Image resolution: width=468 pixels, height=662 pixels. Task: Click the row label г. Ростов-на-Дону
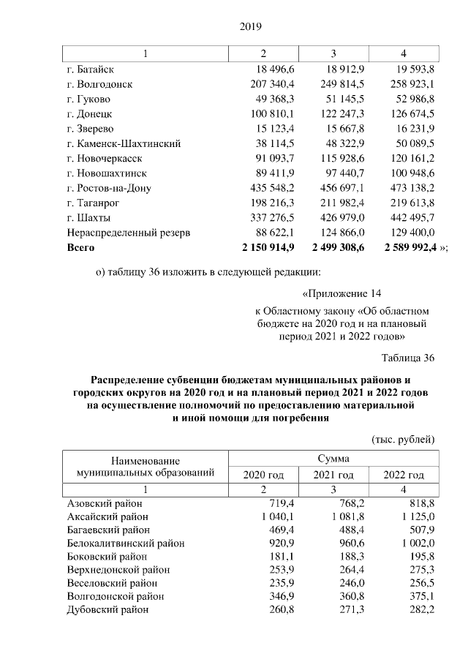tap(108, 189)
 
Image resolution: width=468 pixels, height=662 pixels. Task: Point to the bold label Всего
tap(80, 249)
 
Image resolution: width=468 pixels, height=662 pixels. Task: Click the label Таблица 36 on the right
tap(408, 358)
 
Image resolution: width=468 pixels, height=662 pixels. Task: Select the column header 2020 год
tap(263, 475)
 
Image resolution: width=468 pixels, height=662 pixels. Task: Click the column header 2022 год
tap(404, 475)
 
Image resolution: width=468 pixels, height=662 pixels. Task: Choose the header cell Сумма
tap(333, 458)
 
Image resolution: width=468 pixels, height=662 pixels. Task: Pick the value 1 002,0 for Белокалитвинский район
tap(414, 543)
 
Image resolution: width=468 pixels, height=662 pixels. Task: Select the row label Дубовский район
tap(106, 609)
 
